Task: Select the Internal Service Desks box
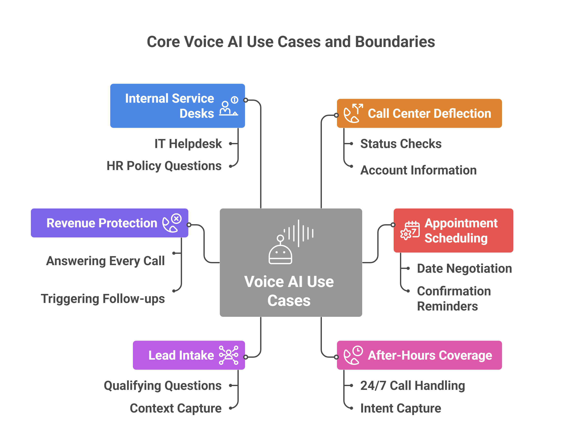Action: [x=177, y=106]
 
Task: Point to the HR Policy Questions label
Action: [x=164, y=166]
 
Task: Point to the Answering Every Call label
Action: [x=105, y=261]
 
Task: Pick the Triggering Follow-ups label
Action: [x=103, y=299]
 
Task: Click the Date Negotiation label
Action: [x=464, y=268]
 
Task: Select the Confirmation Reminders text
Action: [x=454, y=299]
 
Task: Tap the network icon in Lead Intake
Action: [x=228, y=355]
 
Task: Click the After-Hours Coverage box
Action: [x=419, y=355]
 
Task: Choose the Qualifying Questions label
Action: [x=163, y=386]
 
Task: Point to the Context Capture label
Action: [x=175, y=408]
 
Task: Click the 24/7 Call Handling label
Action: [x=413, y=386]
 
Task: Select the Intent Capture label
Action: [x=401, y=408]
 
